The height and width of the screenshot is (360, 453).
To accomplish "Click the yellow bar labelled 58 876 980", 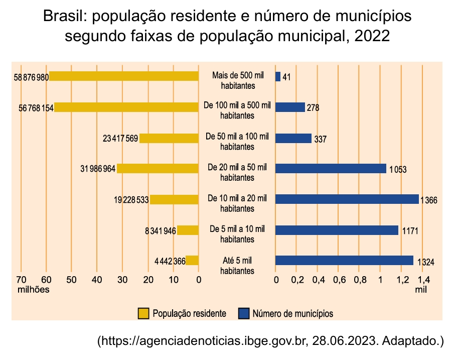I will point(123,76).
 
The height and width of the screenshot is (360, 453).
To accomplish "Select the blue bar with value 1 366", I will point(347,199).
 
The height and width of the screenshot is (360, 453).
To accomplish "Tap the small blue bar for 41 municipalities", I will point(278,77).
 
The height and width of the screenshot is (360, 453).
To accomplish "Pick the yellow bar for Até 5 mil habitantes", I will point(192,261).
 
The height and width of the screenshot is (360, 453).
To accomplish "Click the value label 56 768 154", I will point(36,107).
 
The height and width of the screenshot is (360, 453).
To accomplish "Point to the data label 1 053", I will point(397,169).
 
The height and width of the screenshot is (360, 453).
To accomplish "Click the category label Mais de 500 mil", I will point(237,75).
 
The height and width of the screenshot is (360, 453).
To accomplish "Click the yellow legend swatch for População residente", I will point(143,313).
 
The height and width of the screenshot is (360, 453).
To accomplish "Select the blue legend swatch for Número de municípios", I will point(244,313).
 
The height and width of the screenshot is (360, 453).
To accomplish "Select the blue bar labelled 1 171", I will point(337,230).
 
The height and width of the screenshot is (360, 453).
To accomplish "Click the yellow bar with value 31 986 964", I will point(158,169).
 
